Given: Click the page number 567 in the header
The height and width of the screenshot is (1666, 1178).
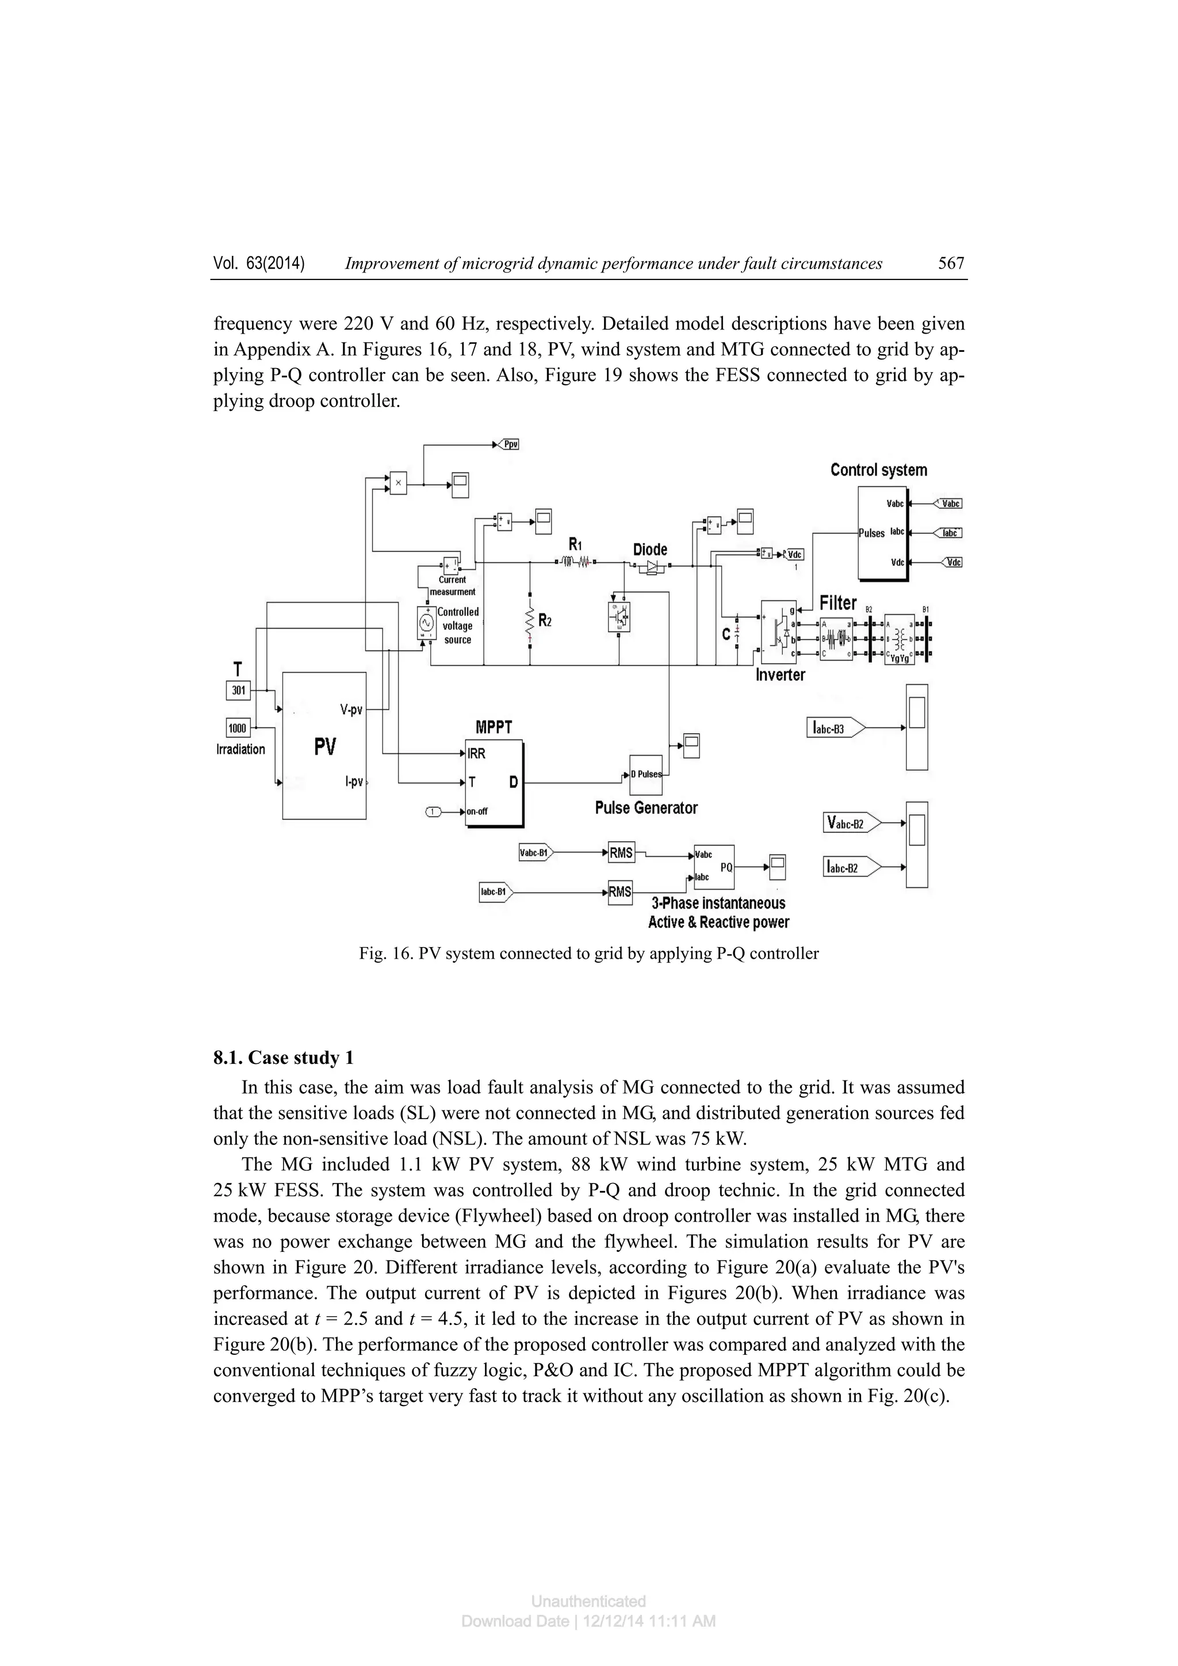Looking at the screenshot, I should [950, 263].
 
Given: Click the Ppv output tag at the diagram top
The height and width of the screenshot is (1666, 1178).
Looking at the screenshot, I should [510, 444].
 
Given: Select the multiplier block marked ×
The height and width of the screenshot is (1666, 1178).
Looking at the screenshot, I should [397, 482].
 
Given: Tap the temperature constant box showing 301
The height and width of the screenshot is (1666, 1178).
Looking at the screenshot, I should [239, 691].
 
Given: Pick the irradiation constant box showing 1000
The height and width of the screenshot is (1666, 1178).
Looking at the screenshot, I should [238, 728].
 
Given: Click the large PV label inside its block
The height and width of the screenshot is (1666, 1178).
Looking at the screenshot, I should [324, 746].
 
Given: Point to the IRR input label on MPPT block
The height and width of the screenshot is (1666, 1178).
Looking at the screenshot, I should [477, 754].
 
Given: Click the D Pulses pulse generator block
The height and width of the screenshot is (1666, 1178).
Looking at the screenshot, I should [645, 774].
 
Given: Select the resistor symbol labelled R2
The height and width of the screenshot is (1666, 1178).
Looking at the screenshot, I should [530, 621].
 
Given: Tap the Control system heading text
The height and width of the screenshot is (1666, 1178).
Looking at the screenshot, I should [878, 470].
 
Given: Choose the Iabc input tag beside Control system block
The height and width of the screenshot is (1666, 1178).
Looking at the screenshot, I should [950, 533].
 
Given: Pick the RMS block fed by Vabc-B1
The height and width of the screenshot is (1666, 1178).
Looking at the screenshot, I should [621, 853].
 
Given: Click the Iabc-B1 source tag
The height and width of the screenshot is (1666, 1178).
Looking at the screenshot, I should [496, 892].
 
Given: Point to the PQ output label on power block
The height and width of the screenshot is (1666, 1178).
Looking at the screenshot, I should [726, 867].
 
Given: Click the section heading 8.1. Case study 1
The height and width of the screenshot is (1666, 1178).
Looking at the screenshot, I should [283, 1058].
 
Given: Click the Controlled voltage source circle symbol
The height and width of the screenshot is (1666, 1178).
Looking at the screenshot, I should [426, 623].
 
